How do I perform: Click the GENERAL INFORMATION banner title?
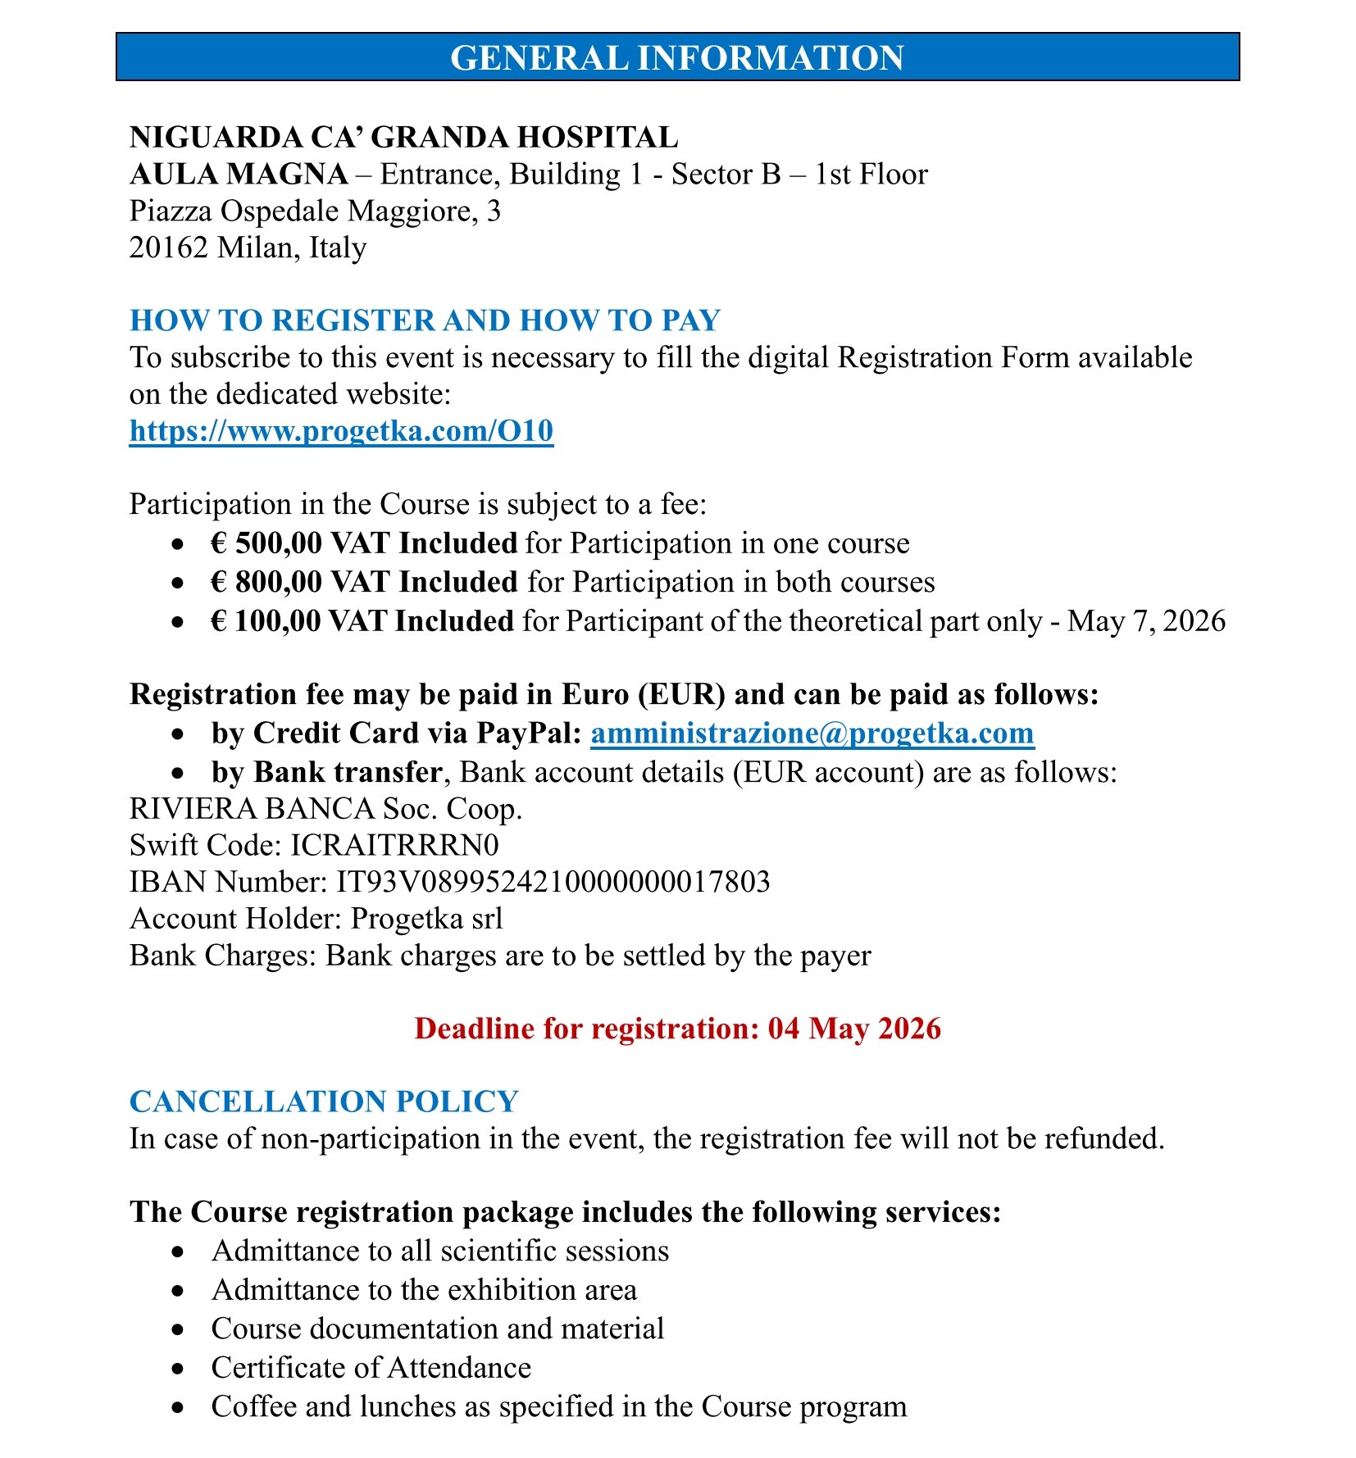676,57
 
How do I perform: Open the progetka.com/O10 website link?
341,430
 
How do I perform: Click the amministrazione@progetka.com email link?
812,733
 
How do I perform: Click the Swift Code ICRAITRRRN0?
394,845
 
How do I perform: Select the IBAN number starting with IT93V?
553,882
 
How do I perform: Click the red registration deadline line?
677,1029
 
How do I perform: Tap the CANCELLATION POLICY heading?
324,1101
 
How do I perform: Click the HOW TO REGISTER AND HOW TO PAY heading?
425,320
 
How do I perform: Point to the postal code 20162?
168,248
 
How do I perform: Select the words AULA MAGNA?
239,175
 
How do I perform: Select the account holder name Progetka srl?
426,919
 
